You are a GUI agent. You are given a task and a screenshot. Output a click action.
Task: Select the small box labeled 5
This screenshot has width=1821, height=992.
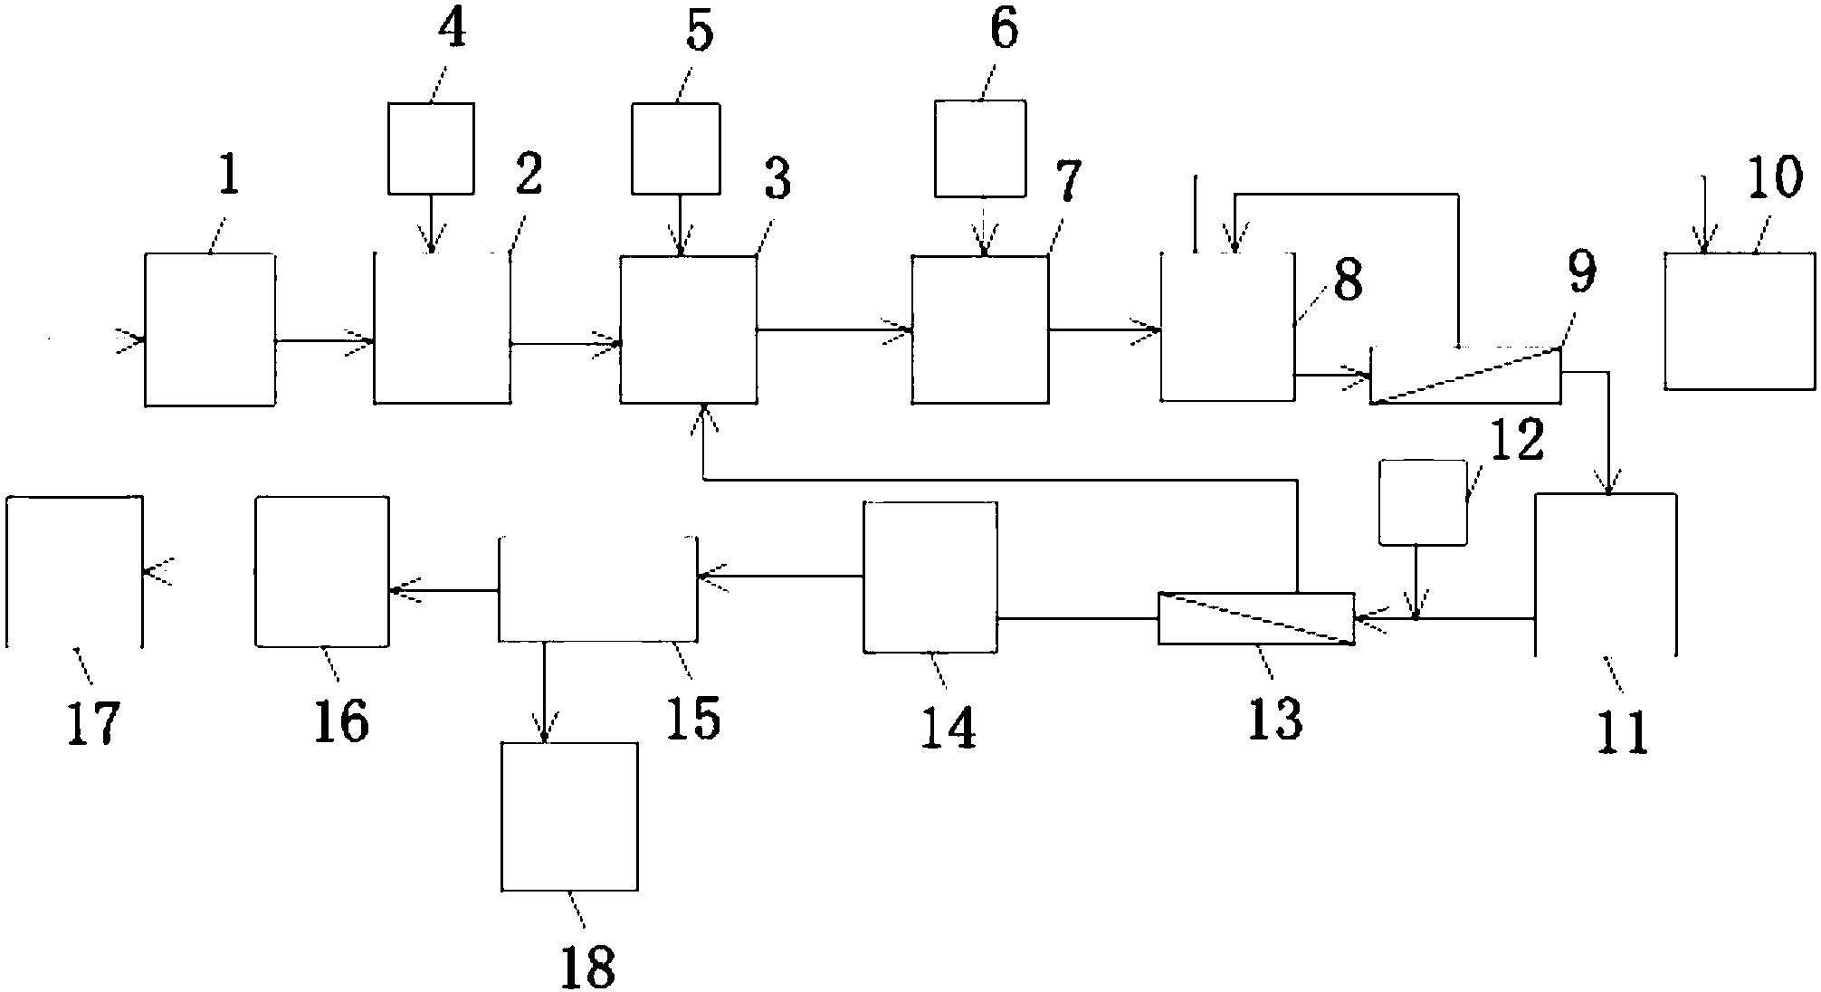675,148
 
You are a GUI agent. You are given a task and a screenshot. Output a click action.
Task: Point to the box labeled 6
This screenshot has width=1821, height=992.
980,148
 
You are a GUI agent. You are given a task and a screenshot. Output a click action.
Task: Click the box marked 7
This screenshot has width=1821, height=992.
980,329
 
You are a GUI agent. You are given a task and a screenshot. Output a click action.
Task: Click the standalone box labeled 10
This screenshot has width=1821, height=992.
1740,321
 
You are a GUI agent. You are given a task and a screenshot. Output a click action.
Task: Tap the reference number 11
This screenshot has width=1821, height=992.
1623,733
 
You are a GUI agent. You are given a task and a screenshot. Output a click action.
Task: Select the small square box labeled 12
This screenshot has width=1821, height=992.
1422,502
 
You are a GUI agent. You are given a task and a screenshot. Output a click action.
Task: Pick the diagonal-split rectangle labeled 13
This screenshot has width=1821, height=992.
1256,618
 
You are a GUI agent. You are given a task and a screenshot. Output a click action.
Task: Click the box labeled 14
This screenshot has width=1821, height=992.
930,577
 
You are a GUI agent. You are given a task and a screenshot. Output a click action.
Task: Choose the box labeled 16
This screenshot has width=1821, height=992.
322,571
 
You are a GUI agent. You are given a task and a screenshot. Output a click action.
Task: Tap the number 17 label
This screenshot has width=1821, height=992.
93,725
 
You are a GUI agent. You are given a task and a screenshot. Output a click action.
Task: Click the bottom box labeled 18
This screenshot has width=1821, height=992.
569,816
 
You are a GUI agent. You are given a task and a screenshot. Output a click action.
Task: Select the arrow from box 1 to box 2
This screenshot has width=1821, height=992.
324,341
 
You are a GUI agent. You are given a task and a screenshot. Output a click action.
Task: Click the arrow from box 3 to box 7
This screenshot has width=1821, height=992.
834,330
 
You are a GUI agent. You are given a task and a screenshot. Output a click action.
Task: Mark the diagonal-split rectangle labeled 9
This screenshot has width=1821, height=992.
1466,376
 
